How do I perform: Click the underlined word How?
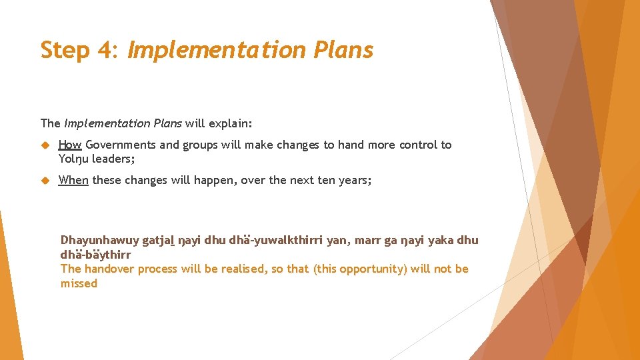point(70,145)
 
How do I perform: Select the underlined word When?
point(73,179)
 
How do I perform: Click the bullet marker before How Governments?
point(46,145)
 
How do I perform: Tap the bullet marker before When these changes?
point(46,179)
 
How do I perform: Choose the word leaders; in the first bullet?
point(113,159)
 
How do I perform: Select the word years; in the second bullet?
point(354,179)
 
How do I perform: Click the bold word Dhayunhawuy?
point(99,240)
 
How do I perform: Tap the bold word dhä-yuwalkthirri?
point(275,240)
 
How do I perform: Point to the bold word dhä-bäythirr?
point(95,255)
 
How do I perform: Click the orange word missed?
point(79,283)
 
